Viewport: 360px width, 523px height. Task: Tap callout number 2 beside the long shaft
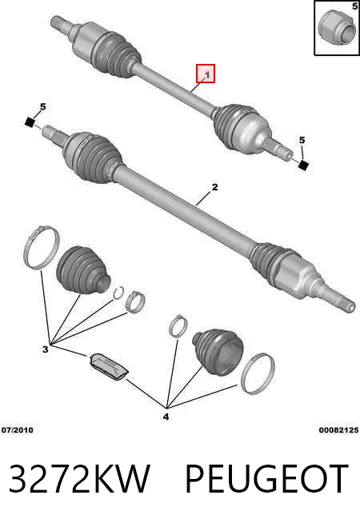pyautogui.click(x=214, y=187)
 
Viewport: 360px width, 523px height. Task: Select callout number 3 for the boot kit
pyautogui.click(x=45, y=349)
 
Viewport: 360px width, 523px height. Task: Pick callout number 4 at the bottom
pyautogui.click(x=166, y=417)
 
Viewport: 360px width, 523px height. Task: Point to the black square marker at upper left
pyautogui.click(x=30, y=122)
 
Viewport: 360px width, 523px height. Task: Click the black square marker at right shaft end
pyautogui.click(x=303, y=165)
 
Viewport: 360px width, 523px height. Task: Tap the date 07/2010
pyautogui.click(x=18, y=430)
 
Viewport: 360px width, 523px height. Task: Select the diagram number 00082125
pyautogui.click(x=338, y=430)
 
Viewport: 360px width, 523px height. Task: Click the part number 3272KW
pyautogui.click(x=79, y=478)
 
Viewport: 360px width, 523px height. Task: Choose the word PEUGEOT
pyautogui.click(x=266, y=478)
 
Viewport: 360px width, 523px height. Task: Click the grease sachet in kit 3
pyautogui.click(x=109, y=366)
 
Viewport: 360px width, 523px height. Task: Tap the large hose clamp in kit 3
pyautogui.click(x=42, y=247)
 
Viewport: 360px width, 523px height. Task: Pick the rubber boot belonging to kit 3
pyautogui.click(x=82, y=269)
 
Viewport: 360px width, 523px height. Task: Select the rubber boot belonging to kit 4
pyautogui.click(x=218, y=352)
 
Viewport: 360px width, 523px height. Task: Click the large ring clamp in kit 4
pyautogui.click(x=258, y=373)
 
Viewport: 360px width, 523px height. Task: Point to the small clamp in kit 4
pyautogui.click(x=178, y=325)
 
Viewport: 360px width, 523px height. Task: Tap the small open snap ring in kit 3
pyautogui.click(x=118, y=293)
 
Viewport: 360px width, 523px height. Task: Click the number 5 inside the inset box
pyautogui.click(x=354, y=6)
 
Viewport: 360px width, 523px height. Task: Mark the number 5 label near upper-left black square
pyautogui.click(x=42, y=106)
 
